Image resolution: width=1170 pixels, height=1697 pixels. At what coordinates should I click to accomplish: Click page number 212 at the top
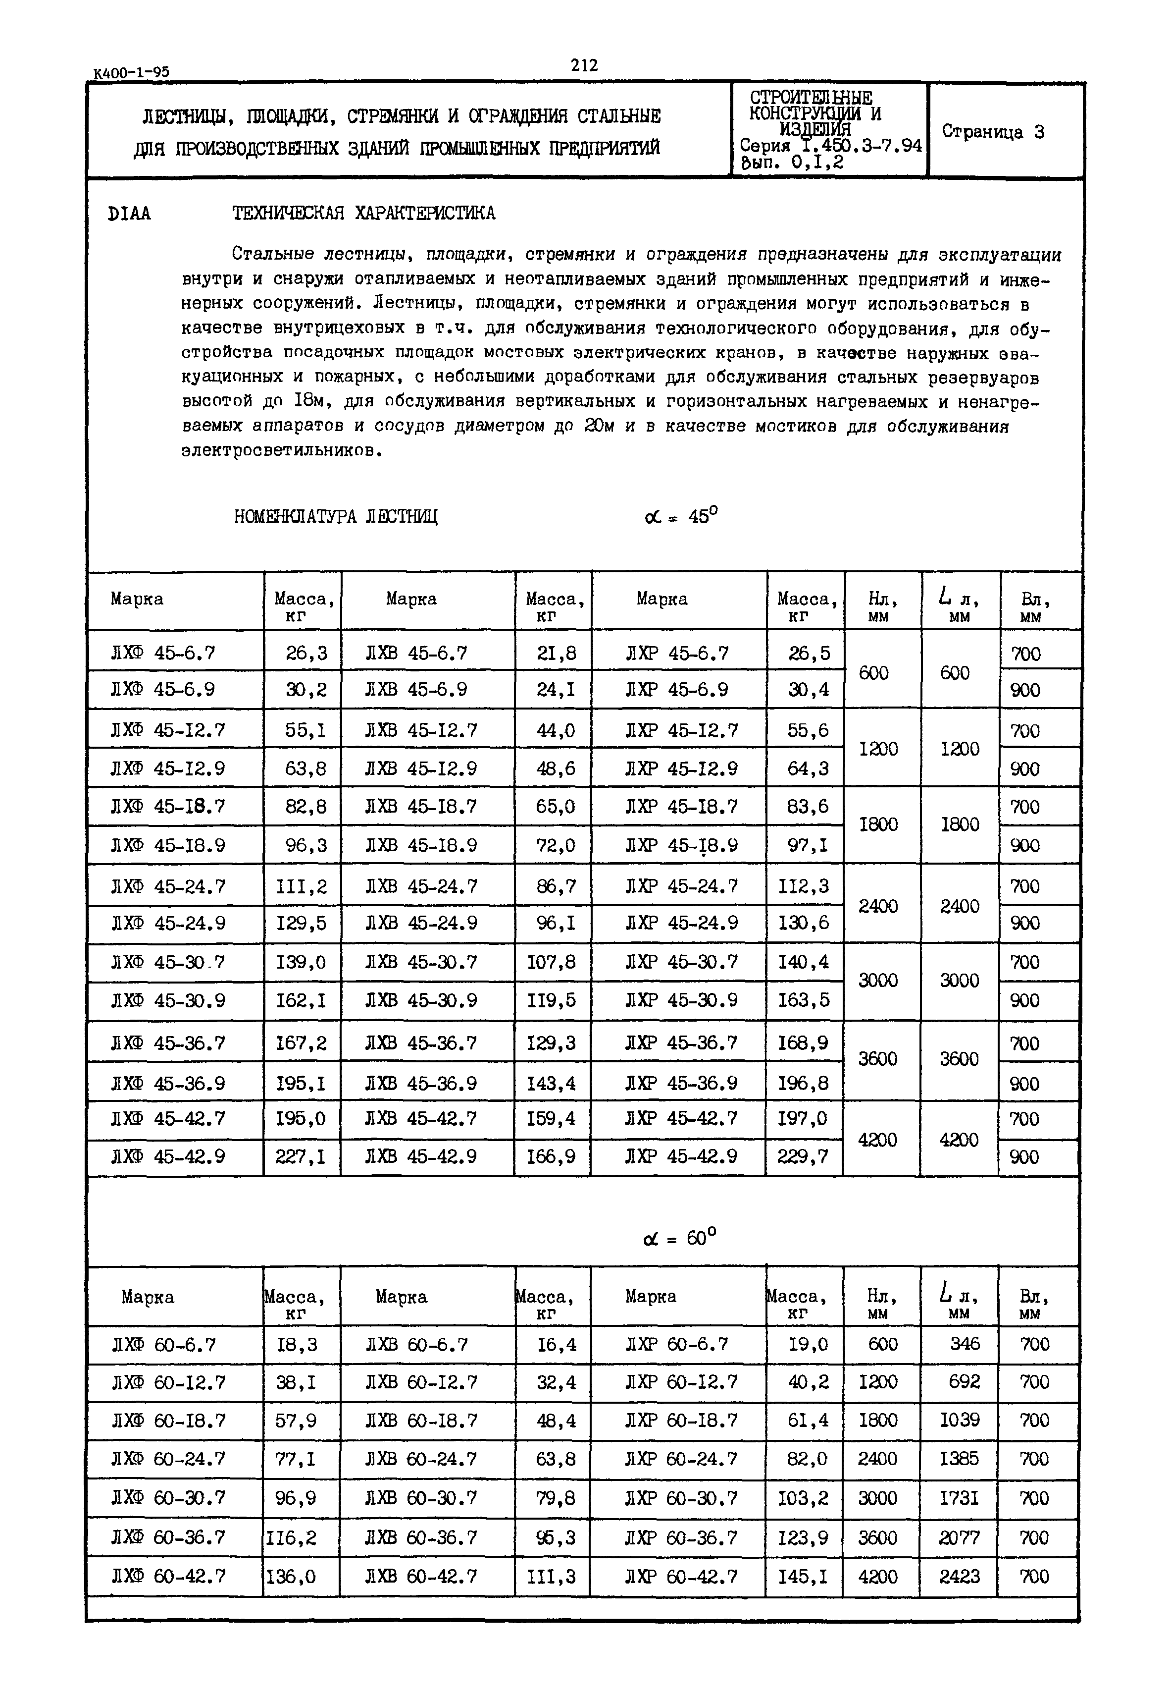[x=584, y=65]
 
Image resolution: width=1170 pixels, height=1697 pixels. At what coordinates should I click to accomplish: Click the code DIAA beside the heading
[x=129, y=214]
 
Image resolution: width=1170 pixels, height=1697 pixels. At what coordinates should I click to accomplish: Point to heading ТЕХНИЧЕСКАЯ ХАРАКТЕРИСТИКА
[x=363, y=214]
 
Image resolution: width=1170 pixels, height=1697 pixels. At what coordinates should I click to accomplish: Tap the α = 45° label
[x=680, y=516]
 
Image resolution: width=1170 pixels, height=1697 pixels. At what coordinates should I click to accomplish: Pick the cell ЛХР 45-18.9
[x=681, y=846]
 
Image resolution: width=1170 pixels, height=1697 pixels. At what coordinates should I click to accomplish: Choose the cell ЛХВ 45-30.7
[x=421, y=961]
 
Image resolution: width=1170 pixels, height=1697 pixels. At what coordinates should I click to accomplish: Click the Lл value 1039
[x=959, y=1421]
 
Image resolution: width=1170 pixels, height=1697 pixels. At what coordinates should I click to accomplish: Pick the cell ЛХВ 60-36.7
[x=421, y=1536]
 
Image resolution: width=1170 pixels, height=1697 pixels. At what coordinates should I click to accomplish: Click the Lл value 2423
[x=959, y=1576]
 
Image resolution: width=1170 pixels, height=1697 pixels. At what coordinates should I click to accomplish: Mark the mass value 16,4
[x=557, y=1344]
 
